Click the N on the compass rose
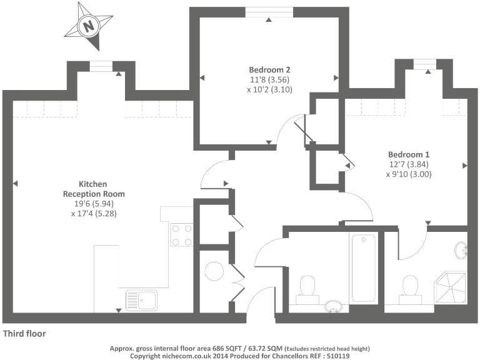point(89,26)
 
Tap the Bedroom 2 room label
point(269,70)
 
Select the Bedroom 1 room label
point(409,154)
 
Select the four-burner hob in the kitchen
point(181,235)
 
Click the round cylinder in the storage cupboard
point(214,271)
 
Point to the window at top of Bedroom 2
point(269,12)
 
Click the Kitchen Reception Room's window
point(101,66)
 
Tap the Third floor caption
point(24,334)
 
